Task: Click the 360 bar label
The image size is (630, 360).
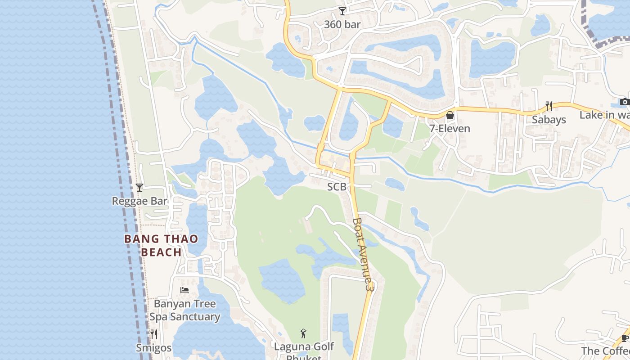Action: point(342,24)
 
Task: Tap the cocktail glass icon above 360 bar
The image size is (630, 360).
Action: point(342,11)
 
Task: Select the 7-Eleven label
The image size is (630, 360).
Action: point(449,129)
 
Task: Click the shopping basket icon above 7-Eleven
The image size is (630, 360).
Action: point(450,116)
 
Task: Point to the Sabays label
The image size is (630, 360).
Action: point(549,120)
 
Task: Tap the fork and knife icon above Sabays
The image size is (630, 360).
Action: point(549,107)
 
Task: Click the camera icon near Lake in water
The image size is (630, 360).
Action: point(624,102)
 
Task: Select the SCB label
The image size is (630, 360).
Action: point(337,186)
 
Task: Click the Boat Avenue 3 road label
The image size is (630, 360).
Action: point(364,254)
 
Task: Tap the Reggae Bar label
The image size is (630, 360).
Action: point(139,201)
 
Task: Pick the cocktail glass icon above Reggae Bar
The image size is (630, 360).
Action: point(139,188)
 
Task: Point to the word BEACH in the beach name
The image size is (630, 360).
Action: point(161,252)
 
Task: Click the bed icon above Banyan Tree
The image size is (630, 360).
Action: point(184,290)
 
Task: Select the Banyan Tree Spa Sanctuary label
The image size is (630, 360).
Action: point(184,310)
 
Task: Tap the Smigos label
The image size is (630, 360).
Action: point(153,348)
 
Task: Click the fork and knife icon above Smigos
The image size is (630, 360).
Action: point(153,334)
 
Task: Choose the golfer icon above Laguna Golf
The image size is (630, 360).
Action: point(304,333)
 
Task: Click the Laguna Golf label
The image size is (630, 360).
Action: point(304,346)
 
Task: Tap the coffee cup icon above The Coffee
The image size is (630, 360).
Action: point(625,338)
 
